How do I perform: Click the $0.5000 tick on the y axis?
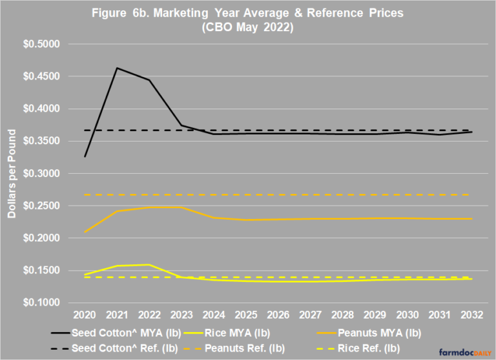point(41,44)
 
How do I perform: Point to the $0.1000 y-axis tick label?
point(41,302)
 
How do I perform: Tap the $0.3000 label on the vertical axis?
point(41,173)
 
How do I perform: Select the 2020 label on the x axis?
point(85,315)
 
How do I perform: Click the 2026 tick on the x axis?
point(278,315)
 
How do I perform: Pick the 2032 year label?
point(471,315)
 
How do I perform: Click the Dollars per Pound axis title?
point(12,173)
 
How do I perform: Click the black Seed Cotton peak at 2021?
point(117,68)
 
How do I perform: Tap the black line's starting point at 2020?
point(85,156)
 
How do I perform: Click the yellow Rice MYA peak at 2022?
point(149,264)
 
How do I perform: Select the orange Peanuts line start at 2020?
point(85,232)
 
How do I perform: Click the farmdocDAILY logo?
point(465,352)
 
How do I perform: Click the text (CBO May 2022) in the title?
point(248,27)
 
